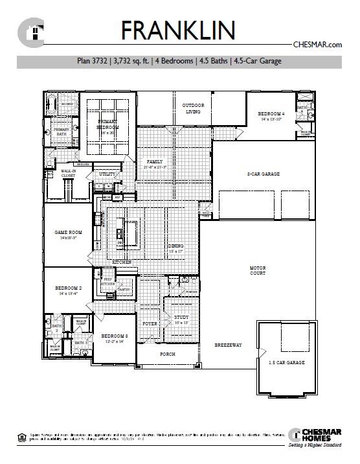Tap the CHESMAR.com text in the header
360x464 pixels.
(x=317, y=45)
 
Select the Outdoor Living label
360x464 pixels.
(x=193, y=108)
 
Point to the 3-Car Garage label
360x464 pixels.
(x=263, y=174)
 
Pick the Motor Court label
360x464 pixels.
(x=258, y=270)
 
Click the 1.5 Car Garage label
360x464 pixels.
(x=287, y=362)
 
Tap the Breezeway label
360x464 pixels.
(x=228, y=345)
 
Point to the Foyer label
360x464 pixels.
(x=150, y=322)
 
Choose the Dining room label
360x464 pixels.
(x=176, y=246)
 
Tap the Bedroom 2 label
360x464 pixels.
(x=68, y=290)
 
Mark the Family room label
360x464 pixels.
(x=155, y=163)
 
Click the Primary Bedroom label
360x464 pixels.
(x=109, y=124)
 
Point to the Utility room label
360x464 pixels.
(x=106, y=174)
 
